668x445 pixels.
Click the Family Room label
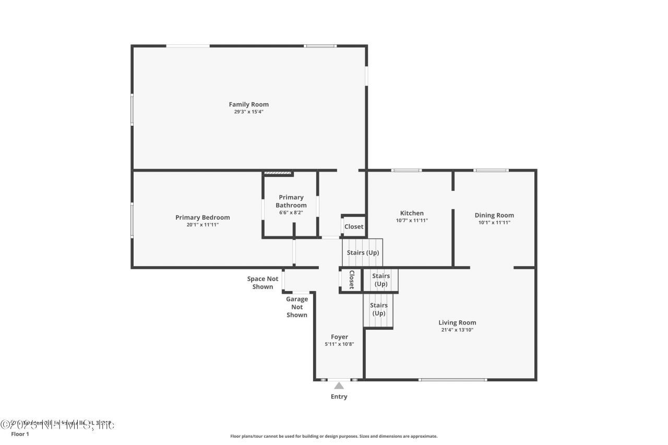pyautogui.click(x=248, y=104)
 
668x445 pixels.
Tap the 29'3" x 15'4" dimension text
pyautogui.click(x=248, y=112)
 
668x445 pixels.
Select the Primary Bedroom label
pyautogui.click(x=202, y=218)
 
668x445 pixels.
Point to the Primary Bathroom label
pyautogui.click(x=291, y=201)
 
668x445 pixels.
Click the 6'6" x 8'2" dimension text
pyautogui.click(x=291, y=212)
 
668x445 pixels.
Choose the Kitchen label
pyautogui.click(x=412, y=213)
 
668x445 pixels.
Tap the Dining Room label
pyautogui.click(x=494, y=215)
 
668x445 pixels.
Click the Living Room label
pyautogui.click(x=457, y=322)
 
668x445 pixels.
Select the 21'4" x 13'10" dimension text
pyautogui.click(x=457, y=330)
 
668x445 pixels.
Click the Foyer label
pyautogui.click(x=339, y=337)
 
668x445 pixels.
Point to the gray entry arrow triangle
pyautogui.click(x=339, y=386)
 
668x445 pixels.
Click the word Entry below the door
pyautogui.click(x=339, y=396)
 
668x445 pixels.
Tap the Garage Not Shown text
pyautogui.click(x=297, y=307)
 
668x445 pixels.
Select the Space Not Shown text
pyautogui.click(x=263, y=283)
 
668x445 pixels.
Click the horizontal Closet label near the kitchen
pyautogui.click(x=354, y=226)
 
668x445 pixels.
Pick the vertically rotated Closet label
pyautogui.click(x=352, y=280)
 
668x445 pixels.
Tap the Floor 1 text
pyautogui.click(x=21, y=434)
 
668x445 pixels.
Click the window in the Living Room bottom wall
pyautogui.click(x=452, y=379)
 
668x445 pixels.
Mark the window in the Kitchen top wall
pyautogui.click(x=407, y=170)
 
